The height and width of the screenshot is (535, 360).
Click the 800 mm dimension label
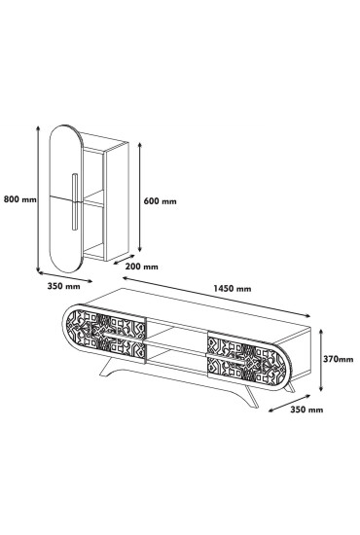(x=19, y=198)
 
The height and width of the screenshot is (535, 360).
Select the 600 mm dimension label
(x=160, y=201)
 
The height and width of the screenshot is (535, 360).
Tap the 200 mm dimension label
(x=142, y=267)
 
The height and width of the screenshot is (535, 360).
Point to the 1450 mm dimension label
(x=233, y=289)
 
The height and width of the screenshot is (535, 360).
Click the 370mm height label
(x=339, y=359)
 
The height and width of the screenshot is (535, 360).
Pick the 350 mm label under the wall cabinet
(x=63, y=286)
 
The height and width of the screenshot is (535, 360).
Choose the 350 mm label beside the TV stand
(x=306, y=410)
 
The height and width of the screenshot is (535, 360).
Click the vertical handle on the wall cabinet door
(x=74, y=201)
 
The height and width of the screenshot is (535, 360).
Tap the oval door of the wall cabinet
(x=66, y=198)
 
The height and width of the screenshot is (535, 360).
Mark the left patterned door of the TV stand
(x=106, y=333)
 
